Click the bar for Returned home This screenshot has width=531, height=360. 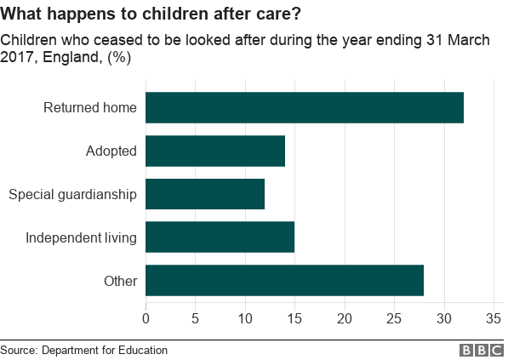305,107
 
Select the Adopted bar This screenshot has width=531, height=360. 215,151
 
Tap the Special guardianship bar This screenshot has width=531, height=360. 205,194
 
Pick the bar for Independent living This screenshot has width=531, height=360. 220,237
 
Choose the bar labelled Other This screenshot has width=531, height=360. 284,281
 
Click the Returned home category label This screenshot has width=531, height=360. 90,107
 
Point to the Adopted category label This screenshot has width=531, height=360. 111,151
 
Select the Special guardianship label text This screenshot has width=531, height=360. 72,194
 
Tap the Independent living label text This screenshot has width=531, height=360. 81,237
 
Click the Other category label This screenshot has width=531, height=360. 121,281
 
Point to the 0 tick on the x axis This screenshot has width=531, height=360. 146,319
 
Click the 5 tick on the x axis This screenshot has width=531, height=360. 196,319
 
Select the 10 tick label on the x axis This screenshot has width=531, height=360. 245,319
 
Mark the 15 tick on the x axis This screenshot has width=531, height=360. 294,319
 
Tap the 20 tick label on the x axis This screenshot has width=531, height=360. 345,319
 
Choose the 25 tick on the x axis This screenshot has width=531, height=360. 394,319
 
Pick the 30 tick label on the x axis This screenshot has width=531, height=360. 443,319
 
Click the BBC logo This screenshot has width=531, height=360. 482,351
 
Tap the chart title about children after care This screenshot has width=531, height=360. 149,14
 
